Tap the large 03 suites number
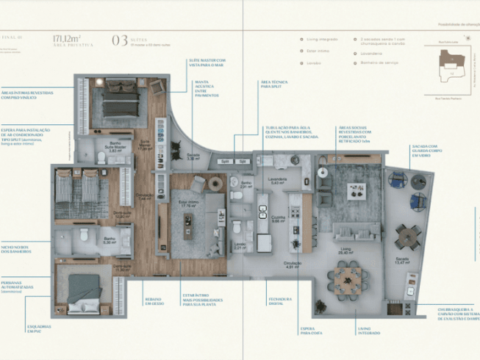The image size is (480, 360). coord(119,40)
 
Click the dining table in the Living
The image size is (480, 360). coord(347,278)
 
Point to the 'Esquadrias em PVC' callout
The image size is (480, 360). coord(39,328)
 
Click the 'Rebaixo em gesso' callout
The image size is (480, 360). coord(154,301)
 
